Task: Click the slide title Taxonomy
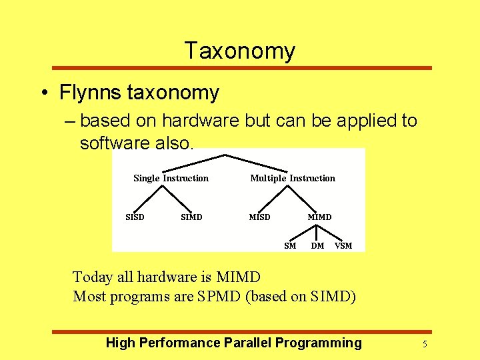(239, 51)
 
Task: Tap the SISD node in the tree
(135, 217)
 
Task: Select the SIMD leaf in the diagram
(191, 217)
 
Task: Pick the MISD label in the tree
(259, 217)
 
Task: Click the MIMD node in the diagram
(319, 217)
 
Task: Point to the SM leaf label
(290, 246)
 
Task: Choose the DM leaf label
(318, 246)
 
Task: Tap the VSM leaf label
(343, 246)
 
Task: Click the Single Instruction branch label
(171, 178)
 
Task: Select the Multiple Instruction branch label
(293, 178)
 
